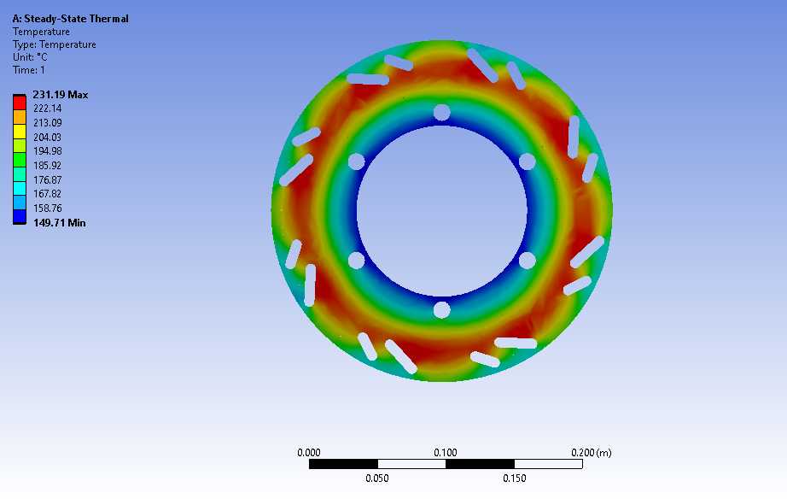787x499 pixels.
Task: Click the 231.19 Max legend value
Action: [x=61, y=95]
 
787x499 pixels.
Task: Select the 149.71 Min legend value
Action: [x=59, y=223]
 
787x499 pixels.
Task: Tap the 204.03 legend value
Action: [x=47, y=138]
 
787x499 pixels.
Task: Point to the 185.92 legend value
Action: [x=47, y=165]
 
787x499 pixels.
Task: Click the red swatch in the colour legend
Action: [x=20, y=103]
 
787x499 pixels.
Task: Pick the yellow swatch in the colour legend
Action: [x=20, y=131]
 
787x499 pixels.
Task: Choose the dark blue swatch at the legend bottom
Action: [x=20, y=216]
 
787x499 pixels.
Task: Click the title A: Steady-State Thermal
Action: [x=70, y=19]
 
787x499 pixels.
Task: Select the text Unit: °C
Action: [x=30, y=56]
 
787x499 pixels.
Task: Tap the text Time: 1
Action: [x=29, y=70]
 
